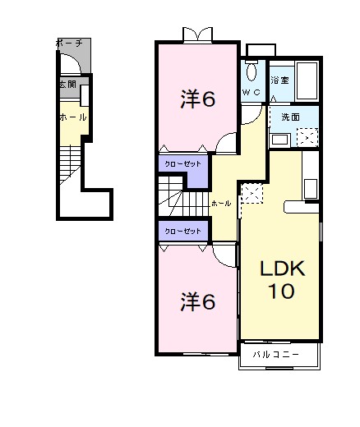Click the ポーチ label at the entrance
[x=68, y=42]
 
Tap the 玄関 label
[x=67, y=84]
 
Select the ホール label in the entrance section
[x=72, y=117]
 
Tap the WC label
[x=251, y=93]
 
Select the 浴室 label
[x=279, y=80]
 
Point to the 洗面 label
[x=279, y=117]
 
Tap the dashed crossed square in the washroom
[x=307, y=136]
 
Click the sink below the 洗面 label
[x=279, y=138]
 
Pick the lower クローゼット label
[x=182, y=231]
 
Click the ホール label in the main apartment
[x=220, y=202]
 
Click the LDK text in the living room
[x=282, y=268]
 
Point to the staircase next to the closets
[x=184, y=198]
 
